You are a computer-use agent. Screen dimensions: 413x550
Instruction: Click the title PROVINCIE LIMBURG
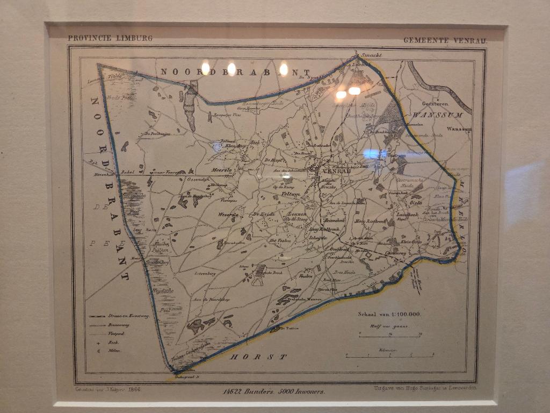click(x=110, y=38)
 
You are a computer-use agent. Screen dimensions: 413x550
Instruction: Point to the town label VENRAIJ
click(x=337, y=170)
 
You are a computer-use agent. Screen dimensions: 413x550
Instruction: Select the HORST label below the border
click(x=258, y=357)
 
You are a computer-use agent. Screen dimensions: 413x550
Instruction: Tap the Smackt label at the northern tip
click(x=371, y=55)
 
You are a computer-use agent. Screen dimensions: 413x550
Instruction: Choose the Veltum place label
click(x=291, y=194)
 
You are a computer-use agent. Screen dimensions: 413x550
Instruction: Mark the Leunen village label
click(x=297, y=214)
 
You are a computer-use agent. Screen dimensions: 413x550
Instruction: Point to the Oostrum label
click(x=396, y=155)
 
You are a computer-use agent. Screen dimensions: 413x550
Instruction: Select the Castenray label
click(x=395, y=253)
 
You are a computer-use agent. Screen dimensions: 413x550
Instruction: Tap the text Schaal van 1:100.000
click(x=389, y=315)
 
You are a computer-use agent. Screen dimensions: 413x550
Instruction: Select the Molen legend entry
click(x=114, y=351)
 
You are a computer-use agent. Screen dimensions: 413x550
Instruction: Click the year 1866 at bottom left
click(x=134, y=389)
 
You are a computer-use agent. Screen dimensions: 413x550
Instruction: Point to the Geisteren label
click(x=434, y=103)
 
